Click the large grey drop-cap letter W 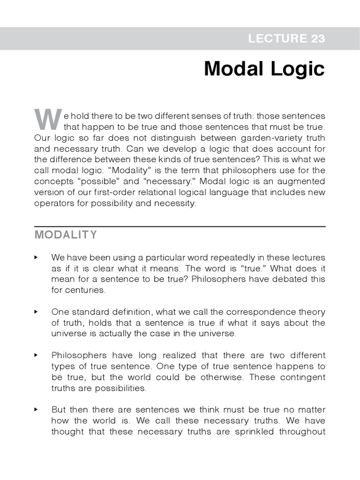[x=47, y=120]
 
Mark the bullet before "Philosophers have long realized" [x=37, y=355]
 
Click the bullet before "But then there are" [x=37, y=410]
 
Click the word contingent [x=303, y=377]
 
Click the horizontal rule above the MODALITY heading [x=180, y=226]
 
